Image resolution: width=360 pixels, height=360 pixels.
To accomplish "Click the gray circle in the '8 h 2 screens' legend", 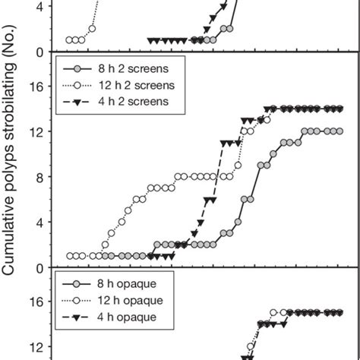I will click(79, 67).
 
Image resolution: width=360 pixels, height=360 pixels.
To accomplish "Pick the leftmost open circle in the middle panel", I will click(70, 256).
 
